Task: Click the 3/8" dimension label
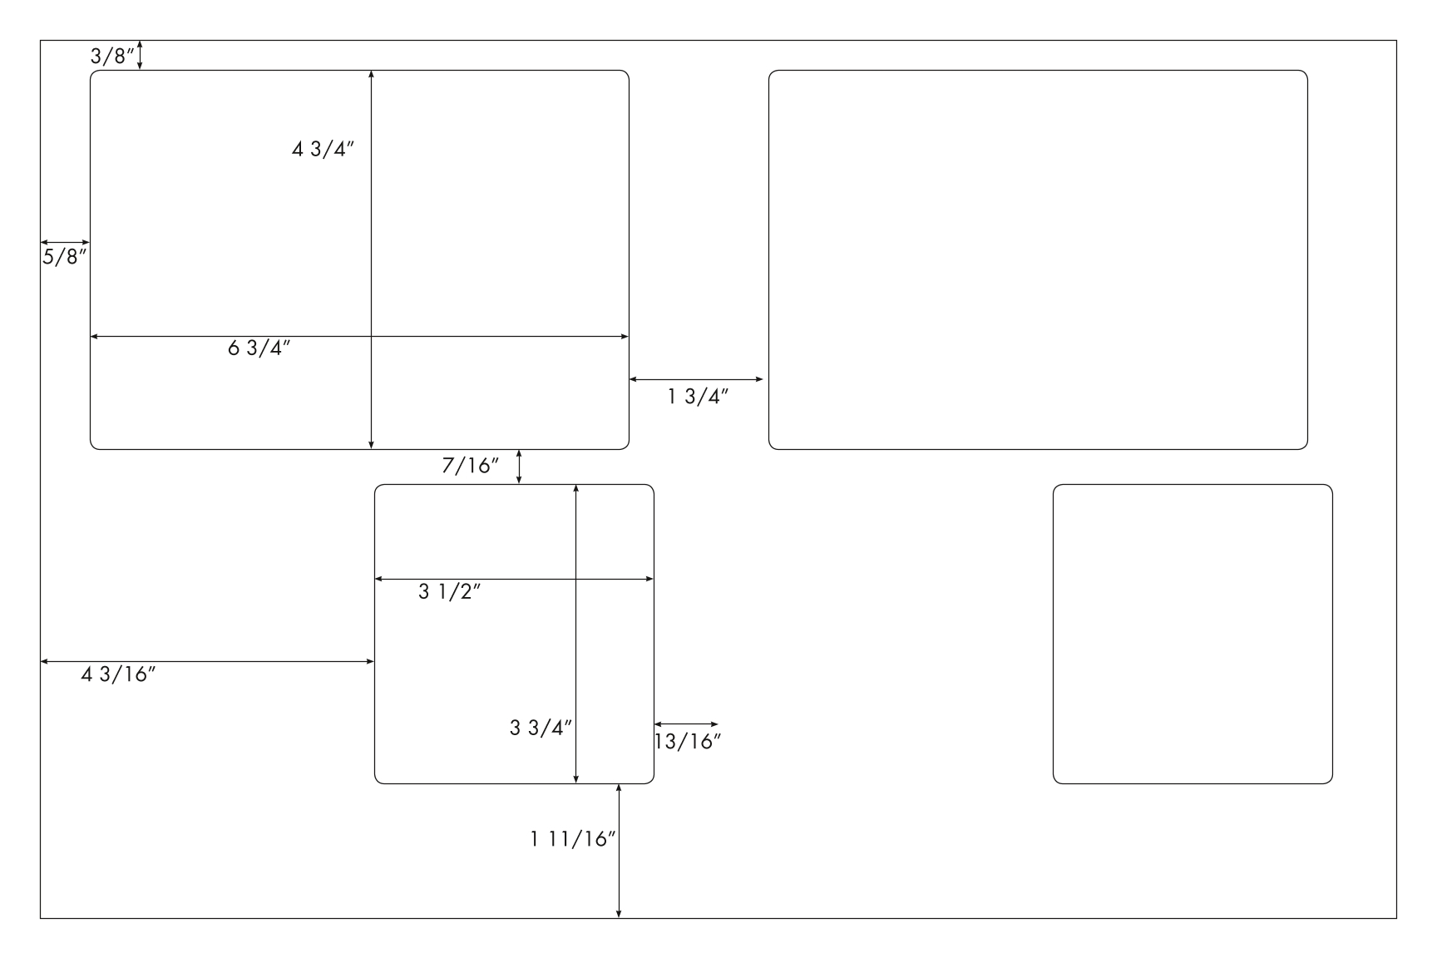coord(112,57)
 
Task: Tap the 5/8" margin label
coord(65,256)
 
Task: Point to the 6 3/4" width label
coord(259,348)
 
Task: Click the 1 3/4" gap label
coord(699,397)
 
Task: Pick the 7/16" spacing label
coord(471,466)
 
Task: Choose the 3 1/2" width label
coord(450,592)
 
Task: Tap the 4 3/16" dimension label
coord(119,674)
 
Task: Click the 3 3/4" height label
coord(541,728)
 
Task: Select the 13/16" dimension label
coord(688,742)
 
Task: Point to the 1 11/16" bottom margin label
coord(573,839)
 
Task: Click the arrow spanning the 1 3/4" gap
coord(696,379)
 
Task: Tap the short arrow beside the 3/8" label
coord(140,55)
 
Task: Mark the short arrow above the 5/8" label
coord(65,243)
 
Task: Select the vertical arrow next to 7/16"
coord(520,467)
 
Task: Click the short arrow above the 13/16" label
coord(686,724)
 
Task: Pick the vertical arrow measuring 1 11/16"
coord(619,851)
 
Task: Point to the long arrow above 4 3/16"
coord(208,661)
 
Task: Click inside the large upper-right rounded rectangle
coord(1038,259)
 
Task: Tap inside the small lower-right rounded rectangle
coord(1193,634)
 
